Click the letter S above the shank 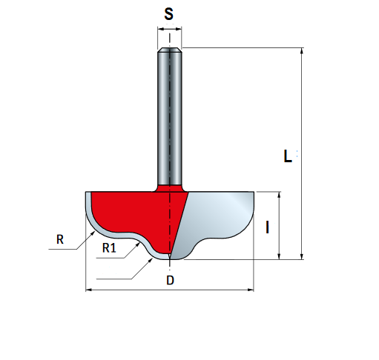169,14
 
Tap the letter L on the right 287,156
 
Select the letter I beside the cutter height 267,227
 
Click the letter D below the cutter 170,280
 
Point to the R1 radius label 109,247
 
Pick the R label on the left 60,239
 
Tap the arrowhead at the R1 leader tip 138,244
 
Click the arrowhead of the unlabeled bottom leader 151,260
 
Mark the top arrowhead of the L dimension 301,51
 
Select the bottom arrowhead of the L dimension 301,256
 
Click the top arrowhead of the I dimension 279,195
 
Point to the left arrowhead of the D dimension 89,290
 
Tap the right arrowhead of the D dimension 251,290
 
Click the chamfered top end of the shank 170,50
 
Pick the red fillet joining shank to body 170,188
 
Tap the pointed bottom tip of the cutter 170,257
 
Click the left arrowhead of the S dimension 161,29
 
